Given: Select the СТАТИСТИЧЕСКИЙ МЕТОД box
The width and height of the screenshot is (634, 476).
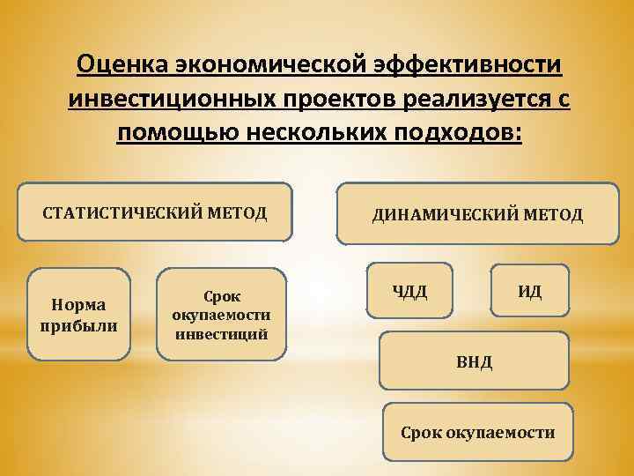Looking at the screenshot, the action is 156,212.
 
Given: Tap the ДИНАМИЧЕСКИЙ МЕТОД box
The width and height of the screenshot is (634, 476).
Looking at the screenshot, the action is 477,212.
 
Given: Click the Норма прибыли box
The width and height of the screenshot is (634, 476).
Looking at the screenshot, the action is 78,314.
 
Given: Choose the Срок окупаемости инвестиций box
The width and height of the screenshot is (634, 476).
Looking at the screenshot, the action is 221,315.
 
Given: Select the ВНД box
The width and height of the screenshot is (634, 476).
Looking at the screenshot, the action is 474,360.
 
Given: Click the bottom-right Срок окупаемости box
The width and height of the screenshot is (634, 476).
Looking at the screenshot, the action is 478,433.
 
